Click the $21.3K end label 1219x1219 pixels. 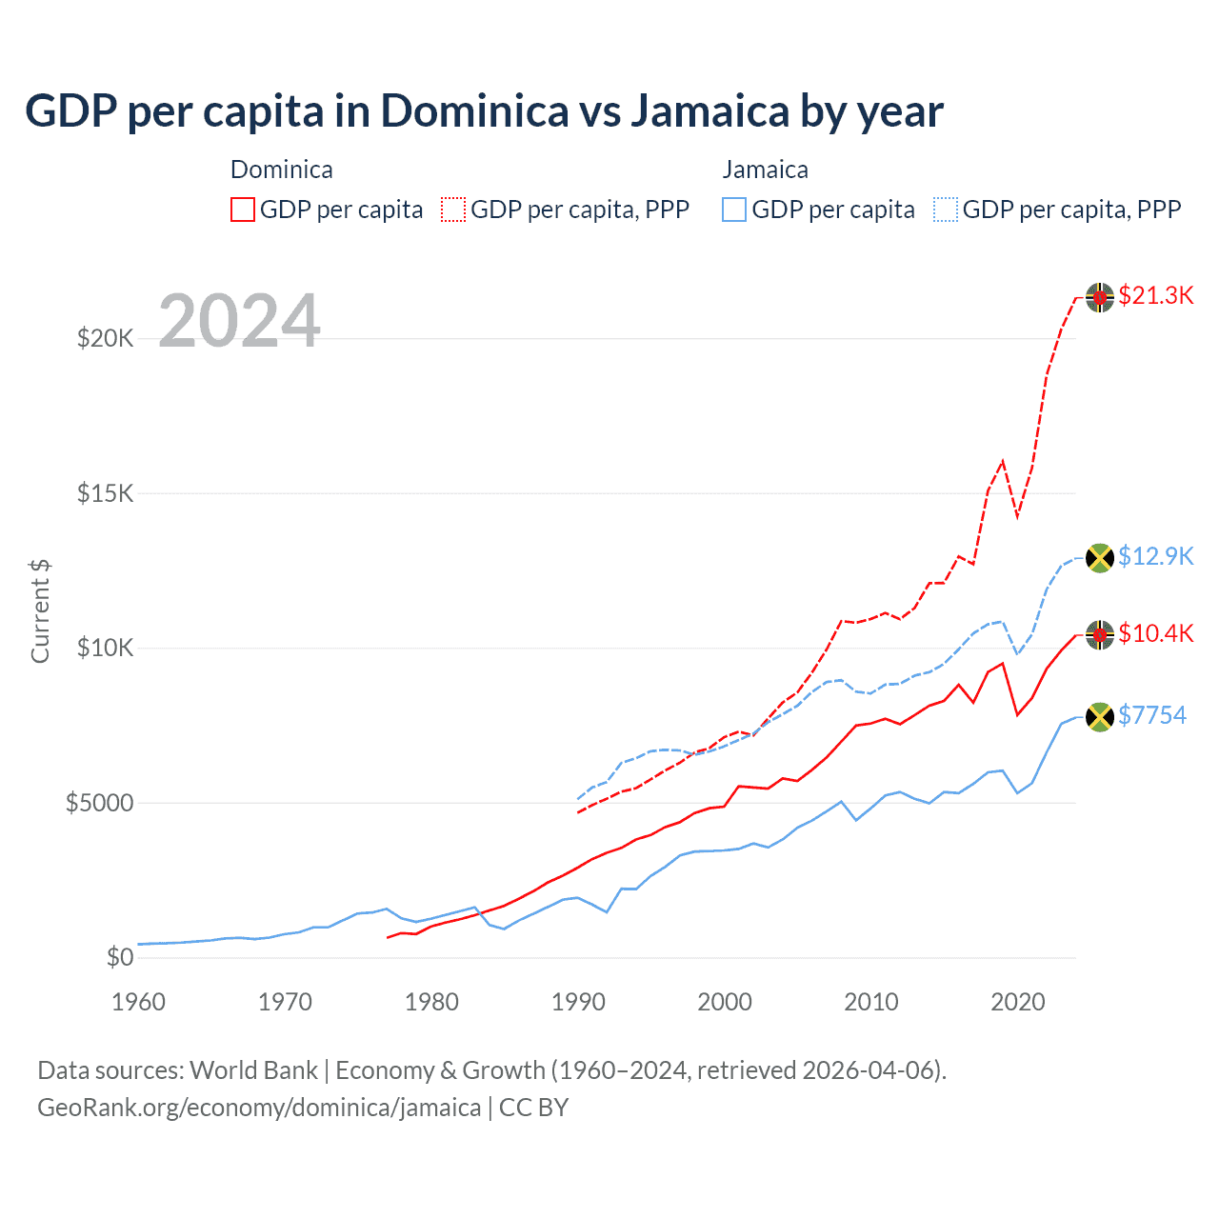1155,296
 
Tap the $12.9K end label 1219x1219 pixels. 1155,556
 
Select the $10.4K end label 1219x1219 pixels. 1155,633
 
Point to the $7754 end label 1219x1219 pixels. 1152,715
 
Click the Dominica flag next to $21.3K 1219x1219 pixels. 1100,297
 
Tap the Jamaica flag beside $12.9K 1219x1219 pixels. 1100,557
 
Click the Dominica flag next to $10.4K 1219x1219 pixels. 1100,634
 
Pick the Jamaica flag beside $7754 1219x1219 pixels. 1100,716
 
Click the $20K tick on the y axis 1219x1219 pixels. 105,338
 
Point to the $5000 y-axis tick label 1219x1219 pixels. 99,803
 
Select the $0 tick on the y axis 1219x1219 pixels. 119,957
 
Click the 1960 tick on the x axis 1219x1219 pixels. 139,1002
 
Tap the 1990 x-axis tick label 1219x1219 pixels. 578,1002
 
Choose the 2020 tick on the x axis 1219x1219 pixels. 1018,1002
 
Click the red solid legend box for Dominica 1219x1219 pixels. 243,210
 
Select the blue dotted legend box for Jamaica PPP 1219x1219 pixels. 946,210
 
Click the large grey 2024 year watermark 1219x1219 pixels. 239,321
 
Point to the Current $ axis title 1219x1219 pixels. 40,611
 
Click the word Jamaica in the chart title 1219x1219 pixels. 710,111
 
